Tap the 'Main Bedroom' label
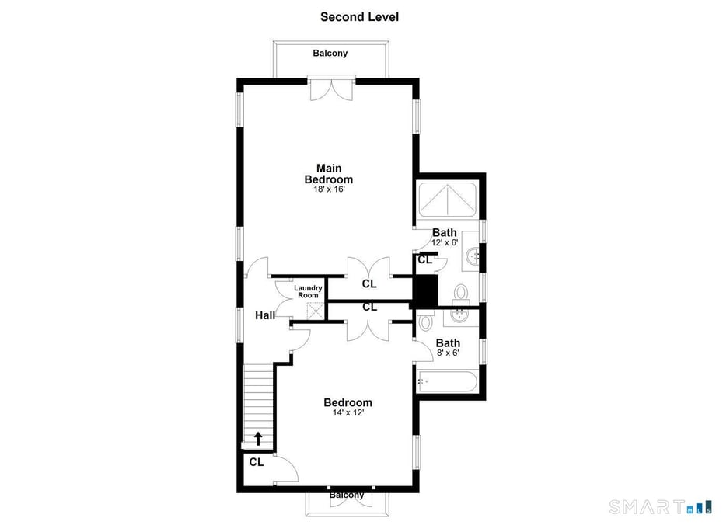click(328, 173)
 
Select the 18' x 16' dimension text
click(328, 189)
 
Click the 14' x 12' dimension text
click(348, 413)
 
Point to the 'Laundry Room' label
click(307, 291)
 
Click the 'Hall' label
click(264, 315)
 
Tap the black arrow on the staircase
click(258, 439)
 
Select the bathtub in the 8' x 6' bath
click(446, 381)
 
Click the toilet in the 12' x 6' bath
click(460, 293)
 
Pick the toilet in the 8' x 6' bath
click(425, 321)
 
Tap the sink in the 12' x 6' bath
click(471, 251)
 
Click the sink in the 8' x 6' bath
click(460, 315)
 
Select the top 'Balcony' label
click(330, 54)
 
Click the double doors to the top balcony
click(331, 88)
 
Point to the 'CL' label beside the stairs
click(257, 462)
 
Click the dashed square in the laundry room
click(314, 311)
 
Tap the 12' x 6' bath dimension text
click(445, 242)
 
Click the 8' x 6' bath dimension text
click(448, 353)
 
